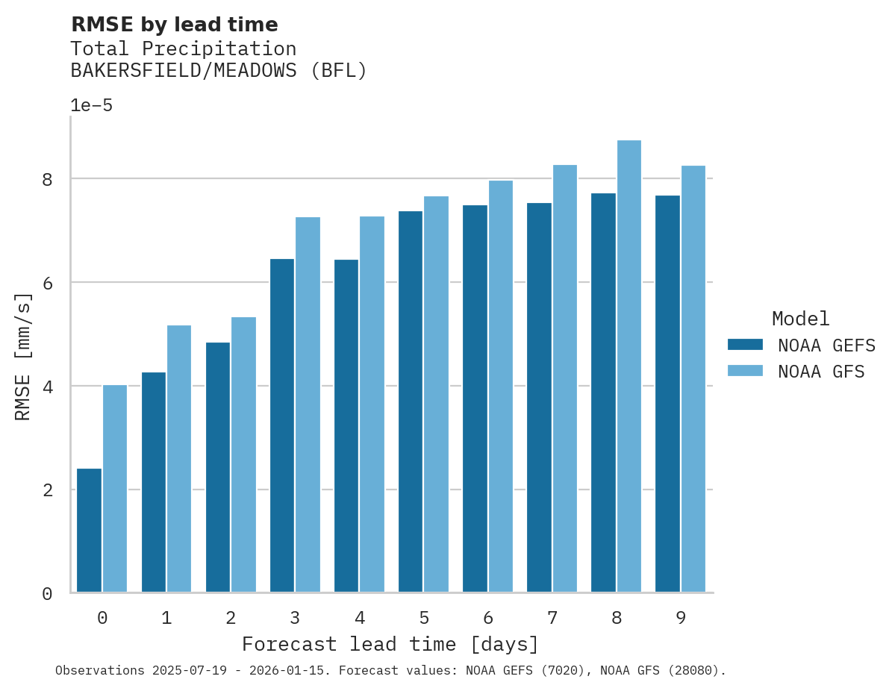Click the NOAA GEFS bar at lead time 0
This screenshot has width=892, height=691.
(x=89, y=531)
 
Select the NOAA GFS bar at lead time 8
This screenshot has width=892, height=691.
(x=629, y=366)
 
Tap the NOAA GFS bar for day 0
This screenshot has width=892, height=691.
(x=115, y=489)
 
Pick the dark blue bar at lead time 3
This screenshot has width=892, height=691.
(x=282, y=425)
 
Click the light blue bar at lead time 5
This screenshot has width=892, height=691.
(x=437, y=395)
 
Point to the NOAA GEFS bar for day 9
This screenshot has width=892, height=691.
(x=667, y=394)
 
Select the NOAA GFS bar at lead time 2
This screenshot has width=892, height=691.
(x=243, y=455)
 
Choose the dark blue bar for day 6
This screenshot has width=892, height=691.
(x=475, y=398)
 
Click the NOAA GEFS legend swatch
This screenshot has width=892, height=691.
(x=745, y=345)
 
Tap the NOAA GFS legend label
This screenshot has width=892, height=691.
(x=821, y=372)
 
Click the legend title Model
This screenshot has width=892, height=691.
(x=800, y=319)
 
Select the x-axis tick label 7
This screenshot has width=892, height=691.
(x=552, y=618)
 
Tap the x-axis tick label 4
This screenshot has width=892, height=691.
(x=360, y=618)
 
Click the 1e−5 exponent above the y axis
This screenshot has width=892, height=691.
(x=91, y=106)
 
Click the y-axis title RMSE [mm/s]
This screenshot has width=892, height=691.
(x=24, y=356)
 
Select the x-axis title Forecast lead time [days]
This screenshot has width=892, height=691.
(x=390, y=644)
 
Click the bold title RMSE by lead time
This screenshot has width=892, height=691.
(x=174, y=25)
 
